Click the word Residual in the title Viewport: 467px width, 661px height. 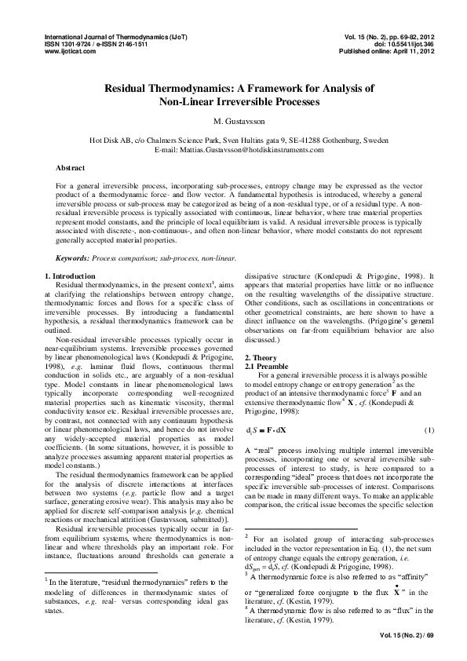click(x=133, y=89)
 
